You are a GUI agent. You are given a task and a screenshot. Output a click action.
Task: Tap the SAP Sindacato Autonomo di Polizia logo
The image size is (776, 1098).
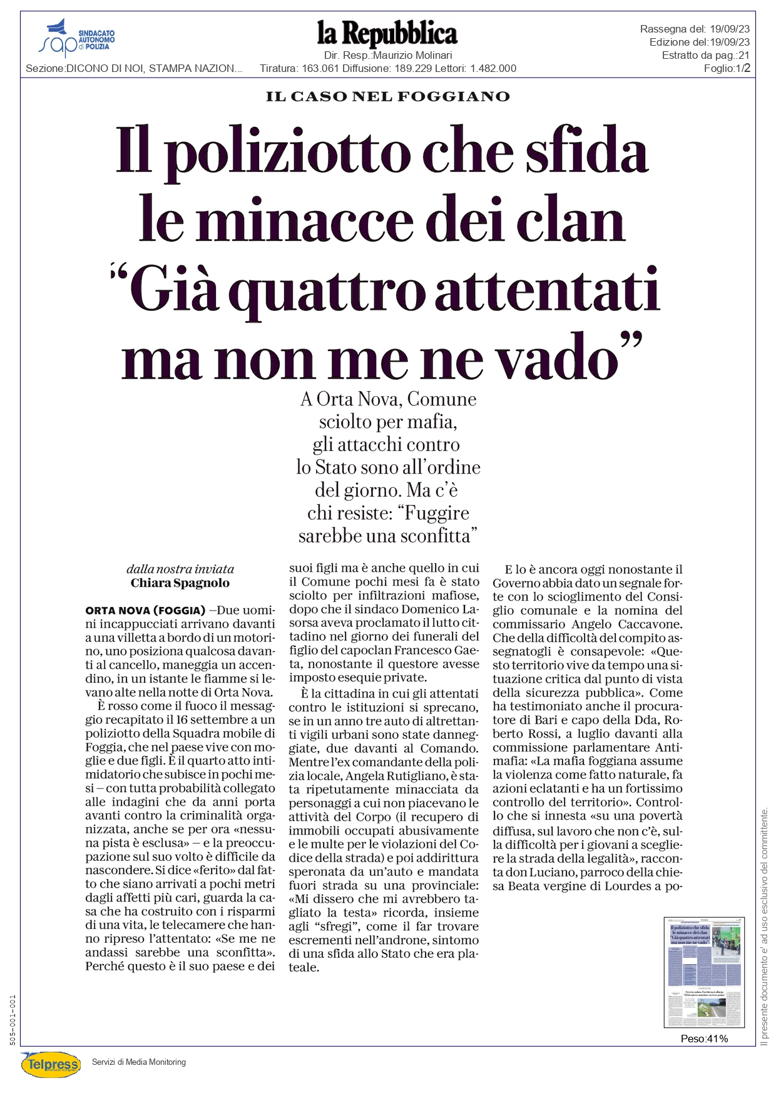pyautogui.click(x=76, y=38)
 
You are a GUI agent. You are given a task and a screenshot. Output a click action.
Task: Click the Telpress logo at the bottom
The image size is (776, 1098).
pyautogui.click(x=51, y=1064)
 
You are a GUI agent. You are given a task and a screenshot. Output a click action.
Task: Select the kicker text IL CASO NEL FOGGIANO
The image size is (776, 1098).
pyautogui.click(x=387, y=96)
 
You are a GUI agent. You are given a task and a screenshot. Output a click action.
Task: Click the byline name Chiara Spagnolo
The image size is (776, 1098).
pyautogui.click(x=180, y=583)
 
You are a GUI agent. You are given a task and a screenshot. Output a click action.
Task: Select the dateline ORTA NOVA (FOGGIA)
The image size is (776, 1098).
pyautogui.click(x=145, y=611)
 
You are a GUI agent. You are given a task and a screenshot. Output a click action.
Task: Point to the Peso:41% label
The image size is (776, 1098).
pyautogui.click(x=704, y=1039)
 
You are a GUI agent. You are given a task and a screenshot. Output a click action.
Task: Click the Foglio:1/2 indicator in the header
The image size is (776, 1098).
pyautogui.click(x=727, y=68)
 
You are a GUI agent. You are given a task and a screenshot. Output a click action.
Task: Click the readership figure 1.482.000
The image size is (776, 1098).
pyautogui.click(x=493, y=68)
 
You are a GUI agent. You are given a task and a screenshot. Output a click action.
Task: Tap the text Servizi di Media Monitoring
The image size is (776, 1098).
pyautogui.click(x=139, y=1062)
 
